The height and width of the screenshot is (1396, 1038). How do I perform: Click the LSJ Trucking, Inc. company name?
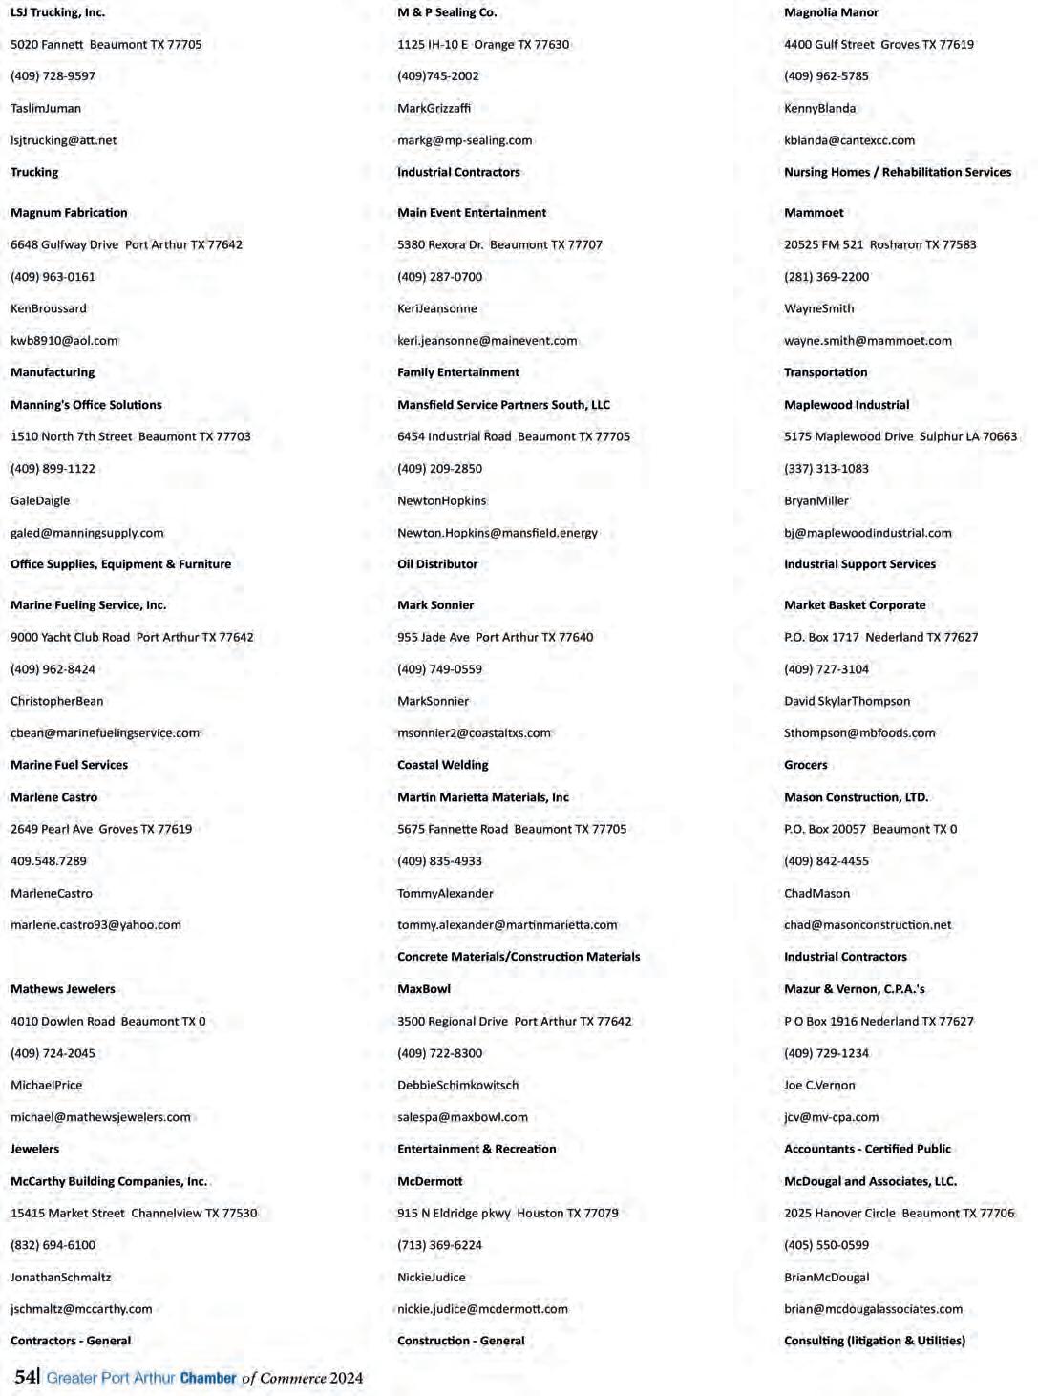(57, 12)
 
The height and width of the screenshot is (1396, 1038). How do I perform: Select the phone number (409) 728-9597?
(53, 76)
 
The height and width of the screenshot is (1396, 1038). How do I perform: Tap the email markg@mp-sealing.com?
(464, 140)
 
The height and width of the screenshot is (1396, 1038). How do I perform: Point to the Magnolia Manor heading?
(831, 12)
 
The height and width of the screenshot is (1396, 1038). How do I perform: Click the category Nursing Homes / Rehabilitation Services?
(897, 172)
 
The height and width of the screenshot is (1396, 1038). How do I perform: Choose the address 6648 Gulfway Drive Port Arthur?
(126, 244)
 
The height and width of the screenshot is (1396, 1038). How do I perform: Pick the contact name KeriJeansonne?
(436, 308)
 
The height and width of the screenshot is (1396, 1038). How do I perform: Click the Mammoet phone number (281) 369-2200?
(826, 277)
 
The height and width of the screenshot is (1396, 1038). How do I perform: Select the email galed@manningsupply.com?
(87, 533)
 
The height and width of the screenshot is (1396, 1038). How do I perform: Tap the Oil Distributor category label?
(437, 564)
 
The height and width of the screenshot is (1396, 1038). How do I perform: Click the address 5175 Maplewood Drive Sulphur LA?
(900, 436)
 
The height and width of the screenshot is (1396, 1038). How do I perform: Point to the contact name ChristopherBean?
(56, 701)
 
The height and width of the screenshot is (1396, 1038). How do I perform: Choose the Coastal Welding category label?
(442, 765)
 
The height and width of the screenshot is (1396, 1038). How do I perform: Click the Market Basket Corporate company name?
(854, 605)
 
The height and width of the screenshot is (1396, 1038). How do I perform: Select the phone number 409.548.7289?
(48, 861)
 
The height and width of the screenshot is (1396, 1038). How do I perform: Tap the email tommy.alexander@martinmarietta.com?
(507, 925)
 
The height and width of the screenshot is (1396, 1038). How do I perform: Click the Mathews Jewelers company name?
(62, 989)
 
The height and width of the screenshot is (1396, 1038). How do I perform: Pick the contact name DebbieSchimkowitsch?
(457, 1085)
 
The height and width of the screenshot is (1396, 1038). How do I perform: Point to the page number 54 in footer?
(25, 1376)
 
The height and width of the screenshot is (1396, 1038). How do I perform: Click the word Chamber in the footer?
(207, 1378)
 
